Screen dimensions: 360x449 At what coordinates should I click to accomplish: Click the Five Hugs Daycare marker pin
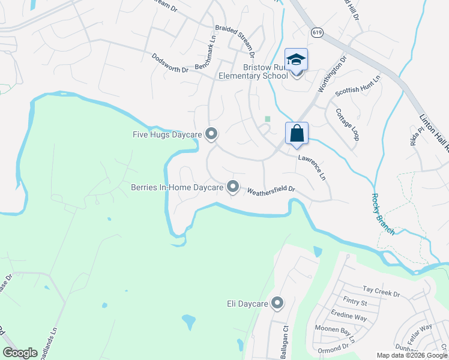point(211,134)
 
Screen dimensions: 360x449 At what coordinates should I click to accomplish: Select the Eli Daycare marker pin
point(277,304)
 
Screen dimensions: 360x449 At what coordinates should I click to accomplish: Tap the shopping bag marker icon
point(297,133)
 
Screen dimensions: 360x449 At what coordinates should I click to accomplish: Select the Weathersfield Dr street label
point(271,190)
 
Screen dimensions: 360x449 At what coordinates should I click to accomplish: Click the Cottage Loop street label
point(347,124)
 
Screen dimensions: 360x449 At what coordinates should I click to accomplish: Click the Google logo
point(20,353)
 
